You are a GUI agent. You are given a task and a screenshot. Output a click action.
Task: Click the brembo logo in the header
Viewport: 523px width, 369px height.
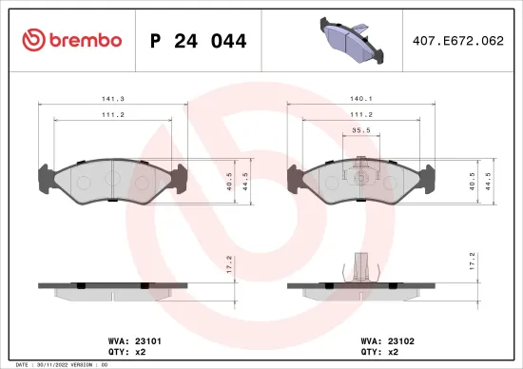[72, 40]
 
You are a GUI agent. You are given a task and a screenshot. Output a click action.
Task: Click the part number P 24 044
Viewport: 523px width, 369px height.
[199, 41]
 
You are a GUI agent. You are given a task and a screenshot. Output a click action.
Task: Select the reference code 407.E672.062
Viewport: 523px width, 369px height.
[458, 41]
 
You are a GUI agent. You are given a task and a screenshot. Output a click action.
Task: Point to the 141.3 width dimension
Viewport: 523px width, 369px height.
[111, 98]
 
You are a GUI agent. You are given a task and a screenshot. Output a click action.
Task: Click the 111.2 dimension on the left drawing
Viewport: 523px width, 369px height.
[111, 115]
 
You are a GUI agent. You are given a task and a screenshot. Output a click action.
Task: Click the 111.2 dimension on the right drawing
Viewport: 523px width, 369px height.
[360, 115]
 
